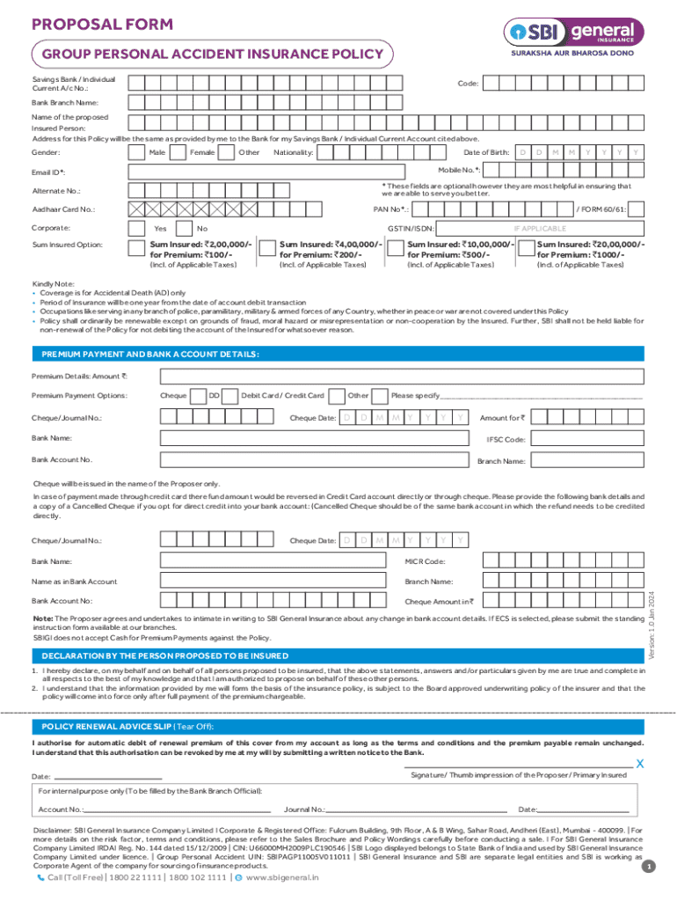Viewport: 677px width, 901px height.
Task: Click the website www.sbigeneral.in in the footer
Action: (282, 877)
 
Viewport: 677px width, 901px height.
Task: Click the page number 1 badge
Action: (648, 868)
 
